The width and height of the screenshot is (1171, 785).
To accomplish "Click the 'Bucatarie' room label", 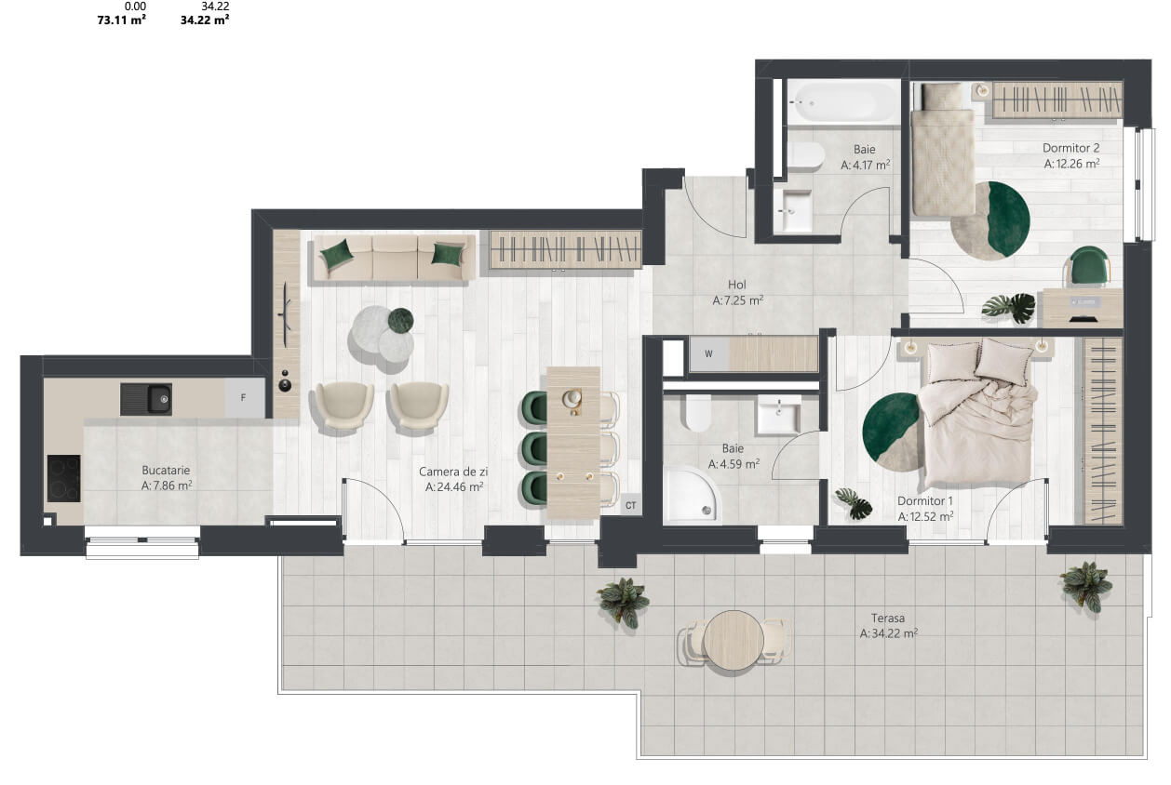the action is (x=166, y=470).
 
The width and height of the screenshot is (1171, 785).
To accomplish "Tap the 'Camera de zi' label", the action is (x=453, y=472).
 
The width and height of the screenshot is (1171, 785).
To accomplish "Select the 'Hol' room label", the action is (x=736, y=285).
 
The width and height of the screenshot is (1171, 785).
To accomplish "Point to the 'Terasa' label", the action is (x=888, y=618).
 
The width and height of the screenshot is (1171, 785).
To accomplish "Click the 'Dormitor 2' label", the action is (x=1071, y=148).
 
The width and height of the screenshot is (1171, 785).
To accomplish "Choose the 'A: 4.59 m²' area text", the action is (x=734, y=464).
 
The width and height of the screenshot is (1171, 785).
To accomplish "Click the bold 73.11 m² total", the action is (x=121, y=20).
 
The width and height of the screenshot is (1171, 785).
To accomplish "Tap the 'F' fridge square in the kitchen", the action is (x=243, y=397).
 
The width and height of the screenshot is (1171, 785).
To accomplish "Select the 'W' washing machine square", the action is (x=709, y=354).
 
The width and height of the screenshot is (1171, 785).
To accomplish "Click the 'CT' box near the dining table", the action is (x=630, y=505).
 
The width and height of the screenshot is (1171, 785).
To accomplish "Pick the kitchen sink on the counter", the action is (x=146, y=400).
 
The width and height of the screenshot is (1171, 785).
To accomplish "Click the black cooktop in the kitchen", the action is (x=64, y=478).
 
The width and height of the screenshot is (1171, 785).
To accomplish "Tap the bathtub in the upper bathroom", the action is (x=842, y=102).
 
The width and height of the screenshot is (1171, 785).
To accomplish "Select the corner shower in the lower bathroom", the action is (x=691, y=494).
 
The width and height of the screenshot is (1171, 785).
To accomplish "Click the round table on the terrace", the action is (x=734, y=640).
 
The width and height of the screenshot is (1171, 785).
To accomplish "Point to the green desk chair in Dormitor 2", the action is (x=1089, y=266).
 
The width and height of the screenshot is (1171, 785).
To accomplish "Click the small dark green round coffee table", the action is (x=400, y=320).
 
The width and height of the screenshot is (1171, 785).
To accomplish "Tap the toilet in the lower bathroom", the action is (x=698, y=413).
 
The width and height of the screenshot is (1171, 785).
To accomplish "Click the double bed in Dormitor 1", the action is (x=976, y=413).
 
